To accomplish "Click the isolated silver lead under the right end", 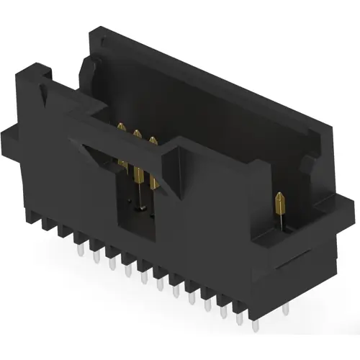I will point(285,309).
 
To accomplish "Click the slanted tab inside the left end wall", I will point(83,68).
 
